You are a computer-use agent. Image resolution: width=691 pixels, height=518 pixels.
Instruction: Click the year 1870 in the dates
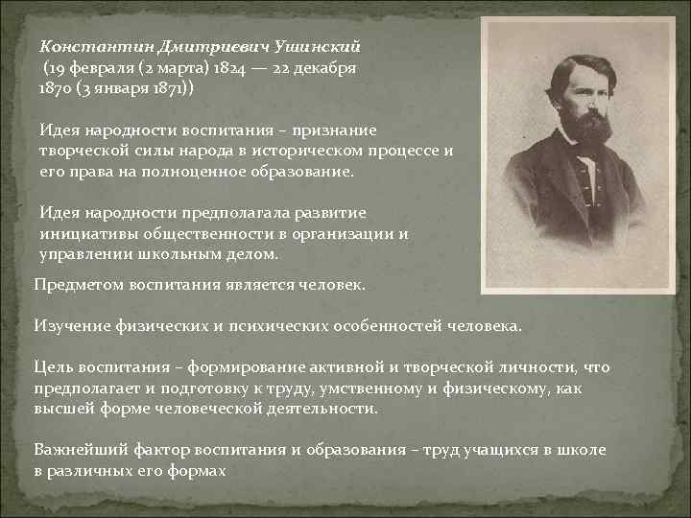pyautogui.click(x=55, y=89)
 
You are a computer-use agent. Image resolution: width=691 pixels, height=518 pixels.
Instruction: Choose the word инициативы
pyautogui.click(x=82, y=233)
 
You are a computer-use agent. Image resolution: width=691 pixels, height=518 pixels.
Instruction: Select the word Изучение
pyautogui.click(x=70, y=325)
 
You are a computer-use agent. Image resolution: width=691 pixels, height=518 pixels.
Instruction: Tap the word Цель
pyautogui.click(x=51, y=367)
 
